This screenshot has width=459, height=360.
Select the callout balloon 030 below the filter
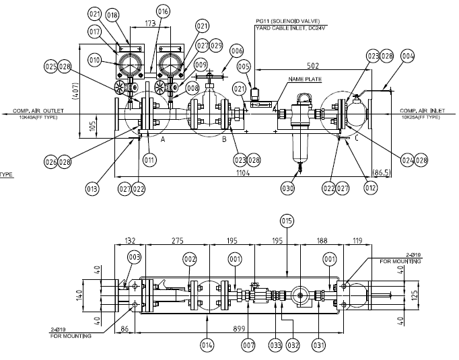(x=288, y=190)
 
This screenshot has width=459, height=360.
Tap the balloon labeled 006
(x=236, y=51)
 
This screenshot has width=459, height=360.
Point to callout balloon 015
(x=287, y=221)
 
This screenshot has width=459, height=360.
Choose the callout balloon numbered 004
(x=408, y=57)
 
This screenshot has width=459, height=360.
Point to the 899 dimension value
(x=239, y=321)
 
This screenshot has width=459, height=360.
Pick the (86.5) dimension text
(x=382, y=173)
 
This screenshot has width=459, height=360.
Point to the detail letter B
(x=224, y=139)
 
